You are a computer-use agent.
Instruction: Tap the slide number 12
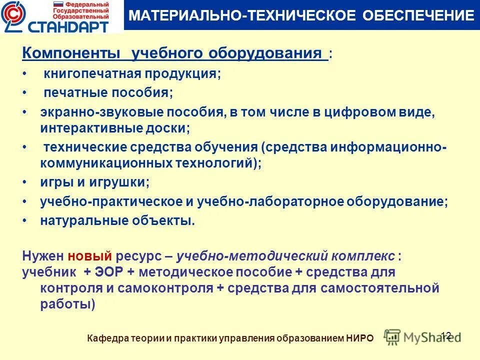(446, 335)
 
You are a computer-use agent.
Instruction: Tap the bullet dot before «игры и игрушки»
(25, 182)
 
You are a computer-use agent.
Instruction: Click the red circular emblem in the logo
(12, 15)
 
